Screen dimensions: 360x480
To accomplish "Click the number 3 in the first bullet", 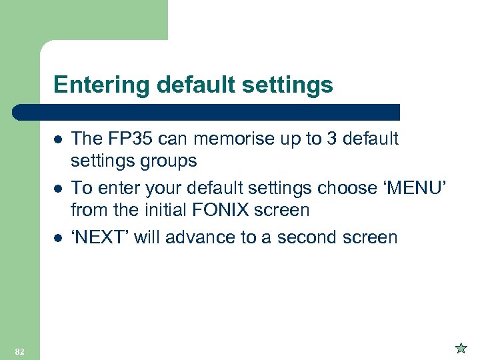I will tap(325, 139).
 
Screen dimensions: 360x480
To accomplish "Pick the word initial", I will tap(164, 211).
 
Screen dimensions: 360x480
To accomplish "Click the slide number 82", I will tap(19, 351).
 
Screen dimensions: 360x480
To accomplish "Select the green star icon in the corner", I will tap(460, 347).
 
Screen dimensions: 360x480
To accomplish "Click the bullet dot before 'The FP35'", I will tap(59, 139).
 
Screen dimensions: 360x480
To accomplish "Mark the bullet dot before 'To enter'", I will tap(59, 188).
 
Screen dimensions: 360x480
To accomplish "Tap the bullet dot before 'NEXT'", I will tap(59, 237).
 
